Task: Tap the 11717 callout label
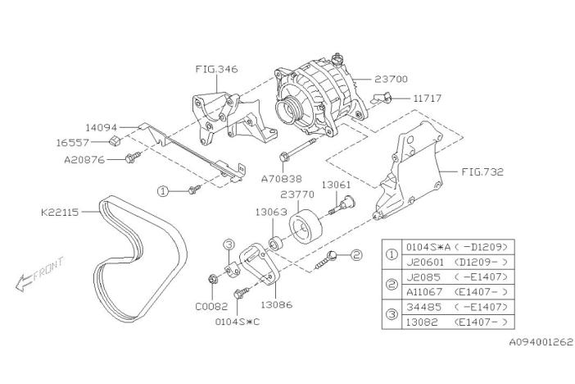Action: point(428,98)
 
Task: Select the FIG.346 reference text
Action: point(216,70)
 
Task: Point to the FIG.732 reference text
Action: point(482,173)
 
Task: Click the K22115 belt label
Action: point(64,210)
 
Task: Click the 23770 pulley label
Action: point(297,195)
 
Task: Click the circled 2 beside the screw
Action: point(355,255)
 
